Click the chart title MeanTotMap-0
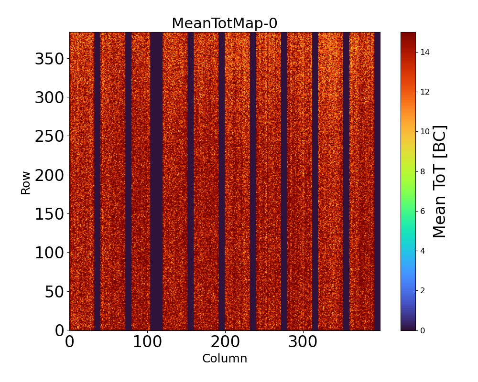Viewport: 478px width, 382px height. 224,23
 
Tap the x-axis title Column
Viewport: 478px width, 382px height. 225,359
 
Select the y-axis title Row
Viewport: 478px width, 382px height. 25,183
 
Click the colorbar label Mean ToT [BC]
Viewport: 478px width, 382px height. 439,181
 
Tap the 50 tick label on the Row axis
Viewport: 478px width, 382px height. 54,292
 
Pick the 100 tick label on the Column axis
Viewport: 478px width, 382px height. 147,341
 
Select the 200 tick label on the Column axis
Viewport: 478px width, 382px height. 225,341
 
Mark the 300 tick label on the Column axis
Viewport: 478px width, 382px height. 303,341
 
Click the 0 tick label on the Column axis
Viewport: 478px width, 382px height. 70,341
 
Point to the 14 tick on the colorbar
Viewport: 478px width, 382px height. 424,53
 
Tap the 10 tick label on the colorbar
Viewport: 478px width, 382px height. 424,132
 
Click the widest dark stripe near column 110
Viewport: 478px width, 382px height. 156,181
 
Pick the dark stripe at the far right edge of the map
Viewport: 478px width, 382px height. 377,181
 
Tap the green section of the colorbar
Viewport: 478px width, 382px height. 408,191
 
